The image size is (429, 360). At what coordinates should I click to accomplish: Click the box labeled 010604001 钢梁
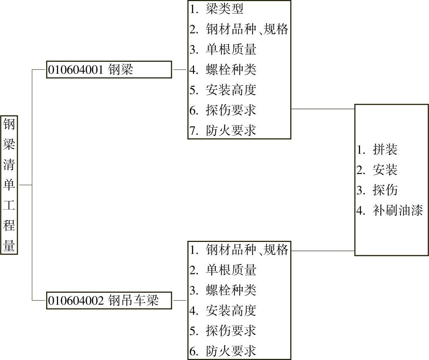[109, 70]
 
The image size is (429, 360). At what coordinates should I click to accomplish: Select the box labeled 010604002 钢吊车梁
[109, 301]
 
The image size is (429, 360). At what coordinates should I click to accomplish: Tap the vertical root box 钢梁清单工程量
[9, 185]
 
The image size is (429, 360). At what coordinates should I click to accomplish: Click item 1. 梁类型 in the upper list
[217, 9]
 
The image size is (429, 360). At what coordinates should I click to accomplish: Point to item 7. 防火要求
[223, 130]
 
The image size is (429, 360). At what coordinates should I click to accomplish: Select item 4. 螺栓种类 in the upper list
[223, 70]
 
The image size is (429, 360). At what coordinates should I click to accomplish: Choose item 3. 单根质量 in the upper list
[223, 49]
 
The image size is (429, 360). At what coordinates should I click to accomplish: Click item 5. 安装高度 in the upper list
[223, 90]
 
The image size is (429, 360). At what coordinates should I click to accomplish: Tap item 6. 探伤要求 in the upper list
[223, 110]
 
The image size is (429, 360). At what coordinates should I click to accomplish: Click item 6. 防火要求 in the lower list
[223, 351]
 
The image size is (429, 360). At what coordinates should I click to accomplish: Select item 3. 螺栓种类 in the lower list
[223, 290]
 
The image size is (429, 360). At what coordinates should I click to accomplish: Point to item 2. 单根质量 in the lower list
[223, 270]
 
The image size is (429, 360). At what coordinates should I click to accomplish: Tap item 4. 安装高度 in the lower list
[223, 311]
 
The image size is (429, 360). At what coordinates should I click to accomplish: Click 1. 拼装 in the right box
[377, 149]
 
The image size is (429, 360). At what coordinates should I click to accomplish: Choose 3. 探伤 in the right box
[377, 190]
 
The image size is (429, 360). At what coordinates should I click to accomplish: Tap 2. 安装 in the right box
[377, 170]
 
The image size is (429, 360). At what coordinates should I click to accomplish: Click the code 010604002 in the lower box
[75, 301]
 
